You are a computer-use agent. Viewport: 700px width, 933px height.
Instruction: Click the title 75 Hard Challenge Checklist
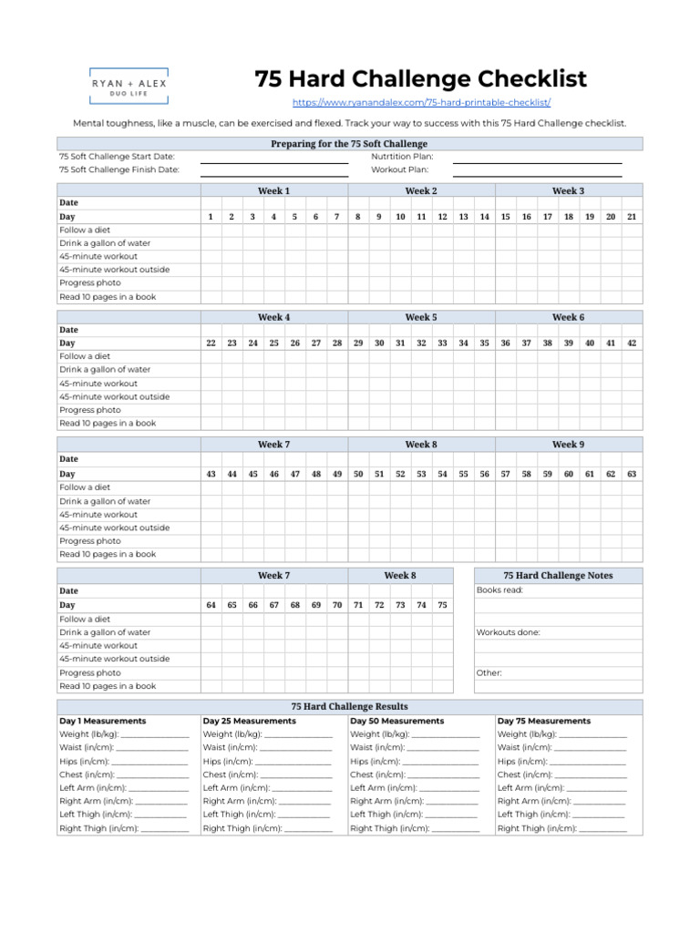pyautogui.click(x=421, y=79)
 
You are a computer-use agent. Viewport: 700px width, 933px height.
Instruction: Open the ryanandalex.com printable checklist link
pyautogui.click(x=421, y=103)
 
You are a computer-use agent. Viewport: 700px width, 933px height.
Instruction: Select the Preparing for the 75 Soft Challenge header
pyautogui.click(x=349, y=144)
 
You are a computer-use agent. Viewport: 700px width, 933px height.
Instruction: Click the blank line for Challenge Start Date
pyautogui.click(x=274, y=158)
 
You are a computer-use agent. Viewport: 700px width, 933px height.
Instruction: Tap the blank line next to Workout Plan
pyautogui.click(x=537, y=170)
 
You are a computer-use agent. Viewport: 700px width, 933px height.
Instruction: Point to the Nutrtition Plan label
pyautogui.click(x=402, y=157)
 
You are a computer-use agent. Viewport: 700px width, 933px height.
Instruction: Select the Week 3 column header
pyautogui.click(x=569, y=191)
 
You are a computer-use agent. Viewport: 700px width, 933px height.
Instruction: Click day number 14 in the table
pyautogui.click(x=484, y=217)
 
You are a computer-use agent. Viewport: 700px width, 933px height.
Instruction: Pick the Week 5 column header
pyautogui.click(x=421, y=317)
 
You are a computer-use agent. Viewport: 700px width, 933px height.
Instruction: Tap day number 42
pyautogui.click(x=632, y=343)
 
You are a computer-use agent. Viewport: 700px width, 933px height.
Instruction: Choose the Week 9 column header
pyautogui.click(x=569, y=445)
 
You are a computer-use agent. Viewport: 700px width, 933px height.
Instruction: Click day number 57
pyautogui.click(x=505, y=474)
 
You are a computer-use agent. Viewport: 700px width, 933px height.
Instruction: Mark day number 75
pyautogui.click(x=442, y=605)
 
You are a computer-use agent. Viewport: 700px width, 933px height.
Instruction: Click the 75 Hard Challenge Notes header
pyautogui.click(x=558, y=576)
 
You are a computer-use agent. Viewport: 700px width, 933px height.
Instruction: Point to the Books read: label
pyautogui.click(x=499, y=590)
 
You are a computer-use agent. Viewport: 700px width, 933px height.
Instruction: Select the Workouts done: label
pyautogui.click(x=508, y=632)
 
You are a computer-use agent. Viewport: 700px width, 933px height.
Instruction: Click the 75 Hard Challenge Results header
pyautogui.click(x=349, y=706)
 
